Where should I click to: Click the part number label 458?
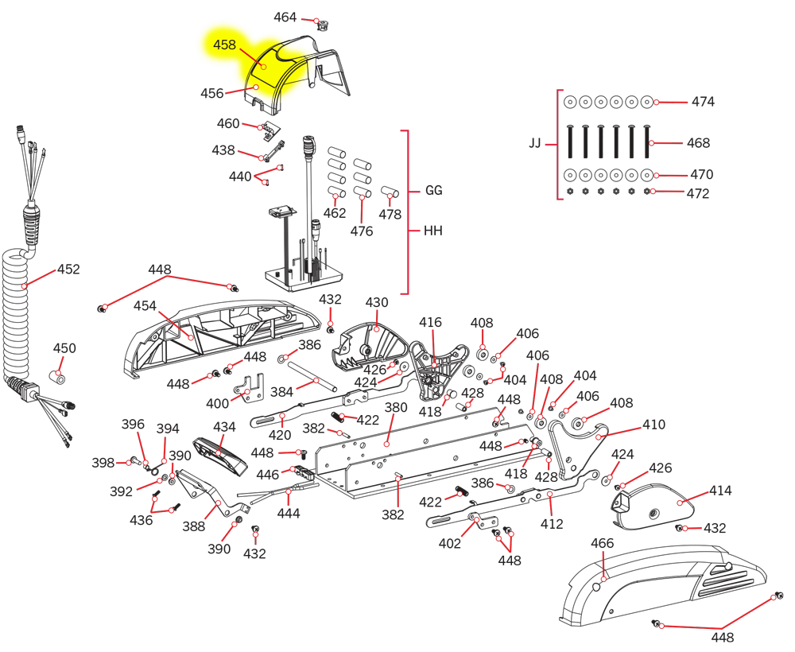[x=224, y=45]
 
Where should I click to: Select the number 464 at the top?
[x=285, y=17]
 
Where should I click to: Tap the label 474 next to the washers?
[x=702, y=102]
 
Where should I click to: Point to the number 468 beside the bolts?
[x=698, y=143]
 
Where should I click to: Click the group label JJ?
[x=535, y=144]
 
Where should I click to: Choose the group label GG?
[x=433, y=191]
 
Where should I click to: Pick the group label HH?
[x=433, y=231]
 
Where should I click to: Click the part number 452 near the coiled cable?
[x=69, y=270]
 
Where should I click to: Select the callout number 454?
[x=145, y=306]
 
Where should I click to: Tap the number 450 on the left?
[x=64, y=348]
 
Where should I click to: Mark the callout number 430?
[x=377, y=303]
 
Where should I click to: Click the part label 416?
[x=430, y=322]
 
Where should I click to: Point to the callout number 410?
[x=653, y=425]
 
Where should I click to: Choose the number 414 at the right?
[x=720, y=491]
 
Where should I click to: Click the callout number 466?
[x=603, y=543]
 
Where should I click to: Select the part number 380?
[x=396, y=408]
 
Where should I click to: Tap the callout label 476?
[x=362, y=231]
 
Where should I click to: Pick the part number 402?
[x=450, y=544]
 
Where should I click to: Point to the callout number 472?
[x=698, y=193]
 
